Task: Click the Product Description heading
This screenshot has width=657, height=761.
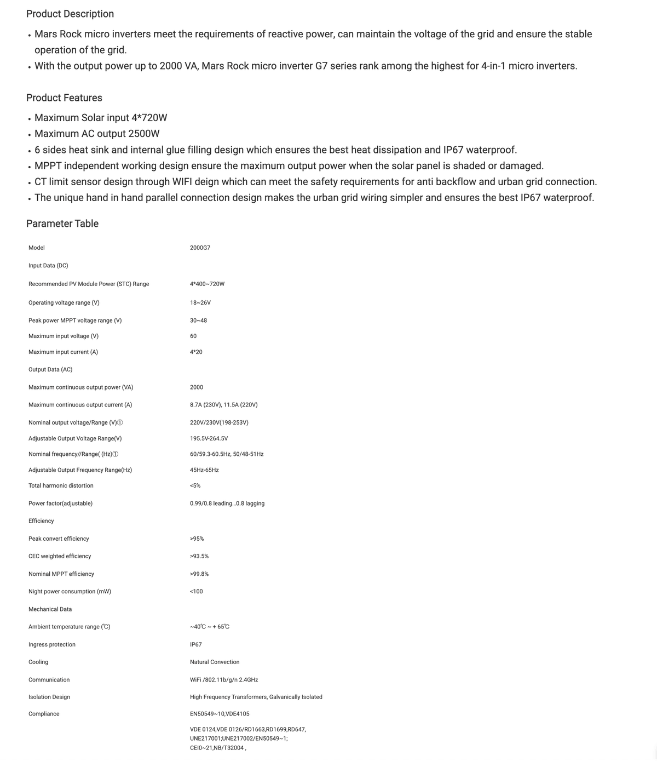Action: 70,14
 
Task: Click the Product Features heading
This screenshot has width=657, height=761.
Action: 64,98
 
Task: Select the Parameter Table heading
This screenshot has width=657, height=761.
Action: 62,224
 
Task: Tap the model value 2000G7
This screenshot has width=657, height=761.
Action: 200,248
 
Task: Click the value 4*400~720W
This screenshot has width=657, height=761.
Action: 207,284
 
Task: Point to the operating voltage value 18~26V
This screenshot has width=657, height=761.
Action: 200,302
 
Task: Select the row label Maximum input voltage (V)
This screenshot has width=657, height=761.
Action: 64,336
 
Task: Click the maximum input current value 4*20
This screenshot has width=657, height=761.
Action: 196,352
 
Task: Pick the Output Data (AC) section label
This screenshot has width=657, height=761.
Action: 50,369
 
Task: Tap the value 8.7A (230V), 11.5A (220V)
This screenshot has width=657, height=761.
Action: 223,405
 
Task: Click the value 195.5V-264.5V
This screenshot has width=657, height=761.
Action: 209,438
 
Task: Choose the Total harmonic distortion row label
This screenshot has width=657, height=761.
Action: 61,485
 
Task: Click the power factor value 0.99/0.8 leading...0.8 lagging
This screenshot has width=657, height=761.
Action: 227,503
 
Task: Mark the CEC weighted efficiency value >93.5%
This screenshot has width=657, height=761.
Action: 199,556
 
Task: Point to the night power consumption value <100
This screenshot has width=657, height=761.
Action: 196,591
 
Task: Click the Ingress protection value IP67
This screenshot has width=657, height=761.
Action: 195,644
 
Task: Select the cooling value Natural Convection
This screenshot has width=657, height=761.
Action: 215,662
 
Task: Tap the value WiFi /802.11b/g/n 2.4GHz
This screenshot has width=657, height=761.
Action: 224,679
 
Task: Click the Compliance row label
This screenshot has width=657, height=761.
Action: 44,714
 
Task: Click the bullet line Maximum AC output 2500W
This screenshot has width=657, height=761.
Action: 97,134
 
